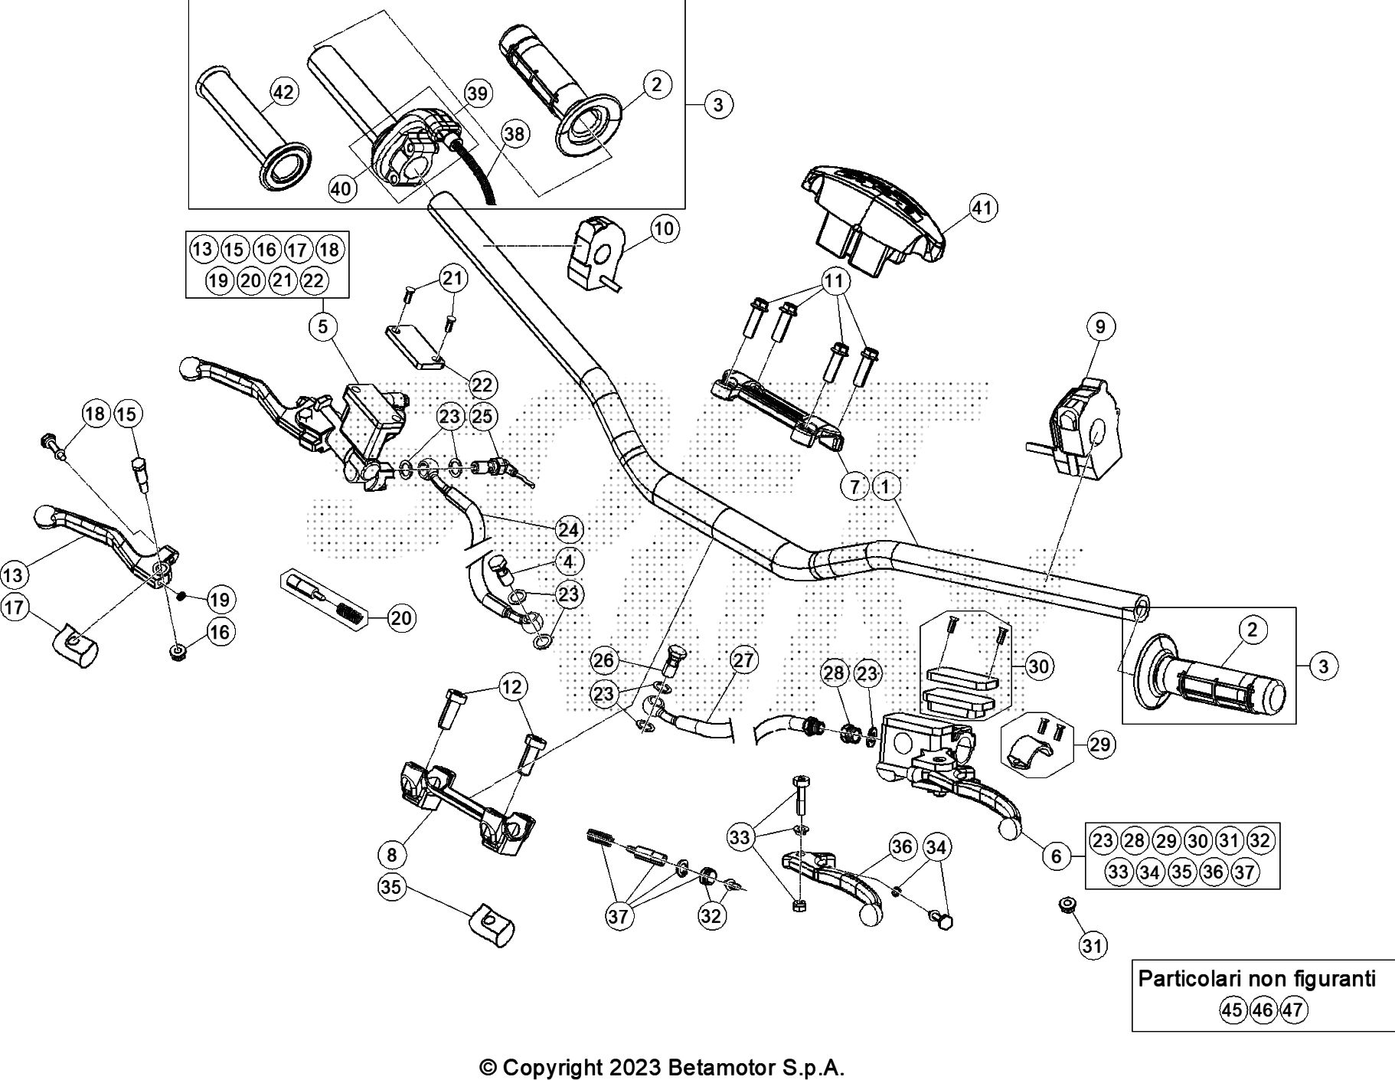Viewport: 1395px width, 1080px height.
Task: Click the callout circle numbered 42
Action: point(283,93)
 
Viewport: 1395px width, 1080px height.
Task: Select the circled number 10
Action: point(664,228)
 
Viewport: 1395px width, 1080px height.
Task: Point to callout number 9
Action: point(1100,327)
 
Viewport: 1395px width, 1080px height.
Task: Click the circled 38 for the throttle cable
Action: point(515,135)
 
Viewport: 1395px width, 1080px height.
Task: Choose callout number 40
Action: point(342,188)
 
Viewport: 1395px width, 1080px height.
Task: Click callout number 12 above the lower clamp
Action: point(512,687)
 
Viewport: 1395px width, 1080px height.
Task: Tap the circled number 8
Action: point(392,853)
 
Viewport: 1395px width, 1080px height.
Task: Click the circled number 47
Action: point(1292,1010)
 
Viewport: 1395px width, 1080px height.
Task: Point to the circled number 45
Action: point(1232,1010)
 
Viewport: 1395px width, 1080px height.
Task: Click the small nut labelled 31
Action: point(1064,905)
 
